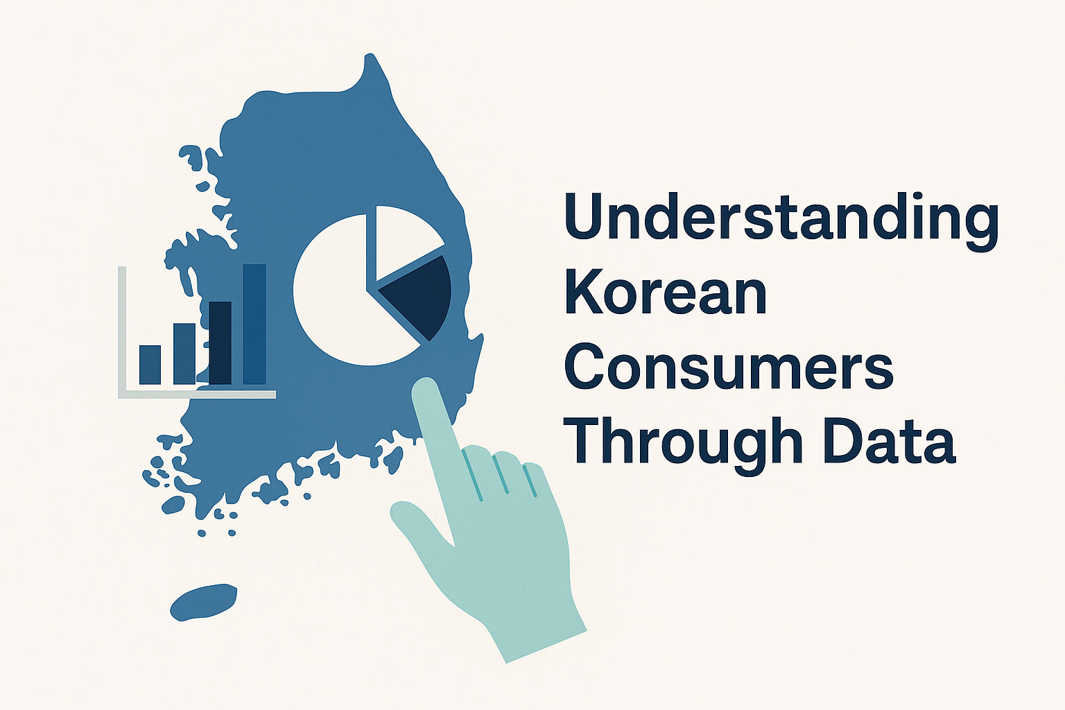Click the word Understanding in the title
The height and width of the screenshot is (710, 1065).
(781, 221)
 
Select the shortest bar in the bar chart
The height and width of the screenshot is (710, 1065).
(150, 364)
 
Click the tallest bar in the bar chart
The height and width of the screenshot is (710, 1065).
(254, 324)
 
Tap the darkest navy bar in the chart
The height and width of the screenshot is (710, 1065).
(220, 343)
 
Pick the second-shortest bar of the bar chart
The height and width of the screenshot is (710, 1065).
(184, 354)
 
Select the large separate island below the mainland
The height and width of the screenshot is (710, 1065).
(203, 602)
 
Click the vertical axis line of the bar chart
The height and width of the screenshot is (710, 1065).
(122, 331)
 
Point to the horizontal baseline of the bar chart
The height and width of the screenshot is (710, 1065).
(197, 395)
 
